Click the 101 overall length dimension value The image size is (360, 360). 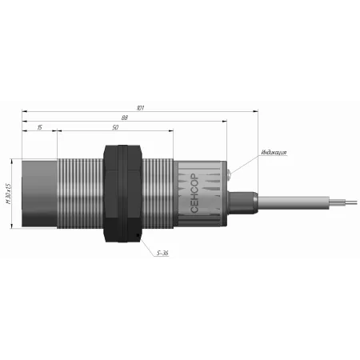point(140,108)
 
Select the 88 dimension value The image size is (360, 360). point(125,118)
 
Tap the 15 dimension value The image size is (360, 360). point(39,127)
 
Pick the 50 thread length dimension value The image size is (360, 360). point(115,127)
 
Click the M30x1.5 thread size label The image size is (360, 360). point(8,194)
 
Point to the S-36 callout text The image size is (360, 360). point(162,253)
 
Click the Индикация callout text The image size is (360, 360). point(274,152)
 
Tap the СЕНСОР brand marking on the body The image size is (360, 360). point(194,193)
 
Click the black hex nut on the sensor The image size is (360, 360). point(122,194)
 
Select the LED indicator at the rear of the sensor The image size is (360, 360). point(229,174)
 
